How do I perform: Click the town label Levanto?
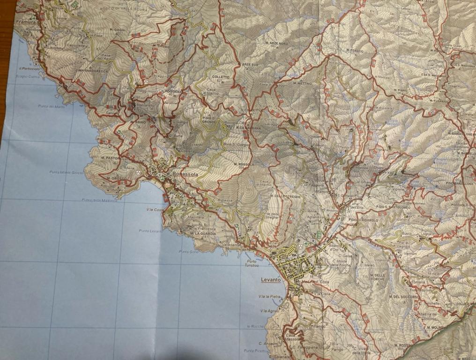[271, 280]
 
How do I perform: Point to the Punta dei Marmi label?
[52, 106]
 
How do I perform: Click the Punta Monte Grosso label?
[66, 172]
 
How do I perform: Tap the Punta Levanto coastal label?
[150, 231]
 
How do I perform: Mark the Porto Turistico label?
[252, 263]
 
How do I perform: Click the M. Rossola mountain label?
[244, 165]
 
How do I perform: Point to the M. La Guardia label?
[203, 233]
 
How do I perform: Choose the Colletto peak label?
[221, 77]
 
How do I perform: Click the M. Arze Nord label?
[276, 44]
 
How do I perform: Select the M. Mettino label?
[302, 83]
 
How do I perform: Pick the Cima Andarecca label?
[91, 71]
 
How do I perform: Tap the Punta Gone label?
[189, 252]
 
